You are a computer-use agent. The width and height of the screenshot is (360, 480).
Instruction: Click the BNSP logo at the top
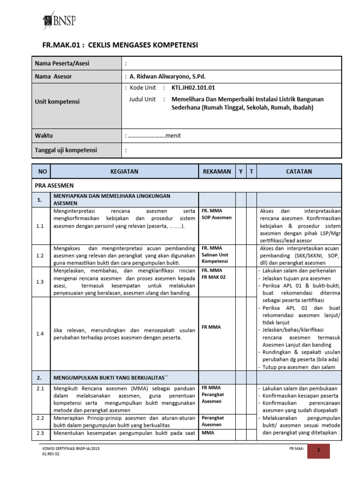pos(59,20)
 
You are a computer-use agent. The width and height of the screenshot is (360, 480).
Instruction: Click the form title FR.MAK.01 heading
pos(120,45)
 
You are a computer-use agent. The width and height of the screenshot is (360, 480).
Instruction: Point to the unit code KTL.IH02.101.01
pos(194,88)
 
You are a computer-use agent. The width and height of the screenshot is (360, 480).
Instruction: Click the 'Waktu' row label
pos(44,135)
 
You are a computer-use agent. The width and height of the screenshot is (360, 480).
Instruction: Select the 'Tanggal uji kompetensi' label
pos(66,150)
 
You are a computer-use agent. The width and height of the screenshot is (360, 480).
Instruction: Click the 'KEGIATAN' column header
pos(124,172)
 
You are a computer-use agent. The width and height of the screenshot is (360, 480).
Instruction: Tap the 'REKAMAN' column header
pos(217,172)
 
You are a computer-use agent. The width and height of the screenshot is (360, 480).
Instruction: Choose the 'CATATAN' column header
pos(299,172)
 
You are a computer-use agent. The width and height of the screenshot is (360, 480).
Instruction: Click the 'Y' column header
pos(240,172)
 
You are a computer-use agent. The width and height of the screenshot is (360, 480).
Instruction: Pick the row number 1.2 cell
pos(40,255)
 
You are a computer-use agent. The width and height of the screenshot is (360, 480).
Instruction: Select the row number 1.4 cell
pos(40,334)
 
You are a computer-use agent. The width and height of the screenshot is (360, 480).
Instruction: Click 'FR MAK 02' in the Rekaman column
pos(214,277)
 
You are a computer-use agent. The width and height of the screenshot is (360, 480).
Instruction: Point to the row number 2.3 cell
pos(40,433)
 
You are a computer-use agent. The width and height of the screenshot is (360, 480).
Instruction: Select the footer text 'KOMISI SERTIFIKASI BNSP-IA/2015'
pos(71,449)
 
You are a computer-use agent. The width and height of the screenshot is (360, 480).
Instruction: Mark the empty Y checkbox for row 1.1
pos(240,225)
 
